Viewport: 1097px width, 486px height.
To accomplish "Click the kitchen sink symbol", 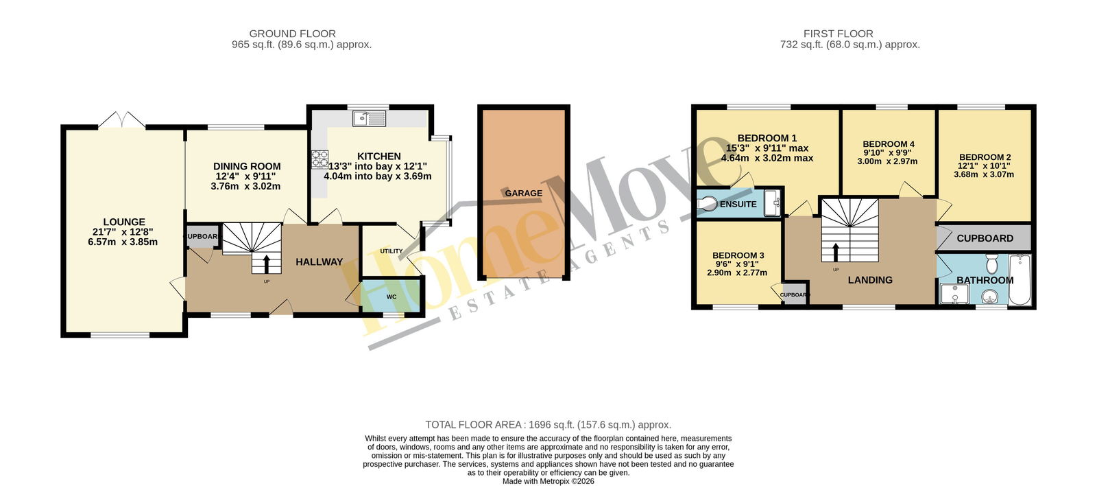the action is tap(369, 118).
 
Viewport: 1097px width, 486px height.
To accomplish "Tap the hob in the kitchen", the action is tap(320, 159).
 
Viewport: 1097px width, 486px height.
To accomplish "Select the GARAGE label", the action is tap(524, 193).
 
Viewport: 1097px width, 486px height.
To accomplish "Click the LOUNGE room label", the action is tap(124, 222).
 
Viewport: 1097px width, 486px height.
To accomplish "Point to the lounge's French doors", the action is tap(121, 120).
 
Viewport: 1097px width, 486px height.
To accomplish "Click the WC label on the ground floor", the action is tap(391, 297).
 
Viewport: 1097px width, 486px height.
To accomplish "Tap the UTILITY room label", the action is tap(391, 251).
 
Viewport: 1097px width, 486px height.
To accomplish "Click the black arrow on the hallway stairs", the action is tap(267, 264).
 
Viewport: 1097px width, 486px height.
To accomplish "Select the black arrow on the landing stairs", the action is tap(836, 252).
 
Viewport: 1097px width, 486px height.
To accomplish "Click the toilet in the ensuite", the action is tap(707, 203).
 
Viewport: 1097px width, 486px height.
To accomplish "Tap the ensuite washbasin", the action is tap(773, 203).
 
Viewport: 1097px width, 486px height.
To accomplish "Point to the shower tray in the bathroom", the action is tap(953, 294).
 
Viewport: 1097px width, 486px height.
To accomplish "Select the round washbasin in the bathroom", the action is tap(991, 297).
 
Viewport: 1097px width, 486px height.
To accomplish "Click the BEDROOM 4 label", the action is tap(889, 144).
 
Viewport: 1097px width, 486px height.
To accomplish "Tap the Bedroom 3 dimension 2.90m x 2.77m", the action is tap(737, 273).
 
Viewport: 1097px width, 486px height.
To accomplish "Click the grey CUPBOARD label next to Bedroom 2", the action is tap(985, 238).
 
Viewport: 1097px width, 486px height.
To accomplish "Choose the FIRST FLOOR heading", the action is tap(839, 34).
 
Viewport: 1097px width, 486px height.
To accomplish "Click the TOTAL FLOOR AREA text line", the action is tap(548, 425).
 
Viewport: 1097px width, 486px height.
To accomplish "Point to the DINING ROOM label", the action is tap(247, 167).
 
